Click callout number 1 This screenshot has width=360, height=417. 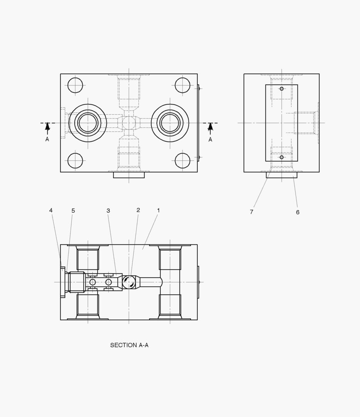tap(158, 210)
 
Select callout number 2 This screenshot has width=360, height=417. tap(138, 210)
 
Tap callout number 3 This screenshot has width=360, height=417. tap(108, 210)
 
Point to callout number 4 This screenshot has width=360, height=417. tap(51, 210)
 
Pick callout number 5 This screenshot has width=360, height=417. tap(73, 210)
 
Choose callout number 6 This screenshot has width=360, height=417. tap(297, 212)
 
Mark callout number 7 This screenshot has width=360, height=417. tap(252, 212)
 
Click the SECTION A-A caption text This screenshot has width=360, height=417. tap(129, 345)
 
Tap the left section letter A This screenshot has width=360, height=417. tap(47, 139)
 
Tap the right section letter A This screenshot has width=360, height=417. tap(210, 139)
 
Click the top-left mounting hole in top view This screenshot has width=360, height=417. tap(75, 85)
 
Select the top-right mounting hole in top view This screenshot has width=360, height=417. tap(183, 85)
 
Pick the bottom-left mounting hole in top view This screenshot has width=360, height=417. tap(75, 161)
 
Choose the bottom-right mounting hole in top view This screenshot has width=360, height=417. tap(183, 161)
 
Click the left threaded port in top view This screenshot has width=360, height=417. tap(88, 123)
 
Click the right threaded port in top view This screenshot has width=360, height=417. tap(170, 123)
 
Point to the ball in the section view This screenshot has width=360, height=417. tap(129, 282)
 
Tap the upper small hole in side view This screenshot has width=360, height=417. tap(282, 89)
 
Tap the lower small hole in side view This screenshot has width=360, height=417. tap(282, 157)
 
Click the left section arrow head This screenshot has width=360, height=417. tap(47, 126)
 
